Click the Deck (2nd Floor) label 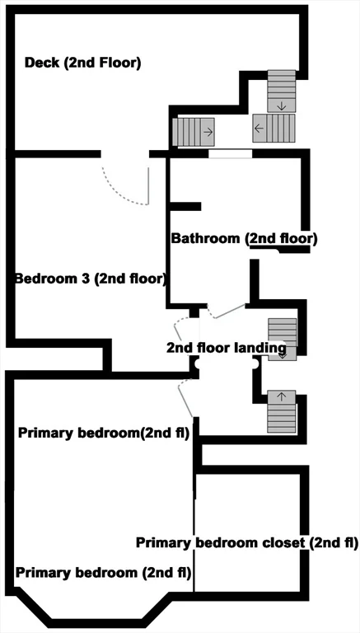82,63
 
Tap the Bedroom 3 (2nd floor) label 91,279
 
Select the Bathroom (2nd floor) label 244,238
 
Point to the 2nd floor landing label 227,348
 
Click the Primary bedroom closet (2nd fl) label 247,543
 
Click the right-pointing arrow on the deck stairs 208,133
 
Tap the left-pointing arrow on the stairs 259,129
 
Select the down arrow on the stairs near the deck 282,106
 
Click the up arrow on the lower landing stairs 282,396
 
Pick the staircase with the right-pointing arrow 194,132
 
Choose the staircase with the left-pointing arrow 274,128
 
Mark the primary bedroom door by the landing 185,397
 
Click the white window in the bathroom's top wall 230,154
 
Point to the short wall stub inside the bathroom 185,206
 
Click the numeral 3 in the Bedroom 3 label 85,279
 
